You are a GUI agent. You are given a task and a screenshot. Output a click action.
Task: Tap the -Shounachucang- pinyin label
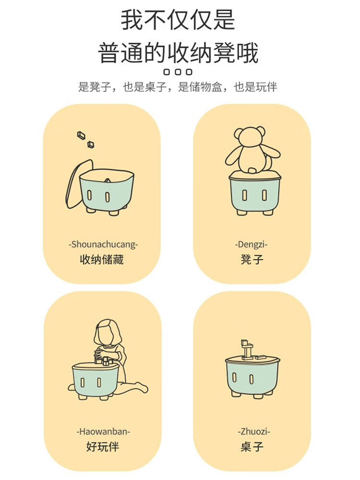pyautogui.click(x=103, y=244)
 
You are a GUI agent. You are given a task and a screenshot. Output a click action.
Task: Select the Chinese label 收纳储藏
pyautogui.click(x=102, y=260)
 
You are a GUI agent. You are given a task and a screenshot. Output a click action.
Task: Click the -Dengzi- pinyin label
pyautogui.click(x=252, y=244)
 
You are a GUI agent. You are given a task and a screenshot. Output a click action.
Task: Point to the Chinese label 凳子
pyautogui.click(x=252, y=260)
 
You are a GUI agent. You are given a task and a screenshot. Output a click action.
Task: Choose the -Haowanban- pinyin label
pyautogui.click(x=103, y=432)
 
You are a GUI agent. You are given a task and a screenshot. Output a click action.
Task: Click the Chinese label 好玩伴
pyautogui.click(x=102, y=446)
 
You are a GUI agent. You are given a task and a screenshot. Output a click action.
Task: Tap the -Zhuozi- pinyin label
pyautogui.click(x=254, y=432)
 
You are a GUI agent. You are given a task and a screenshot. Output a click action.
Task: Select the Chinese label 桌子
pyautogui.click(x=252, y=446)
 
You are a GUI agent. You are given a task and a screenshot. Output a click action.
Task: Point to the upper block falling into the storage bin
pyautogui.click(x=81, y=135)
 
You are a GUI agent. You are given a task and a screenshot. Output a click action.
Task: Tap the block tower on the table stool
pyautogui.click(x=247, y=349)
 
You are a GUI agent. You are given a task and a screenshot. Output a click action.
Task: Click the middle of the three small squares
pyautogui.click(x=178, y=72)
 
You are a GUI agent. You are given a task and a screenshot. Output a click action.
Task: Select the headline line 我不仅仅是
pyautogui.click(x=178, y=20)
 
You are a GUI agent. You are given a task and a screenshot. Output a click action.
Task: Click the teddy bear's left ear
pyautogui.click(x=239, y=133)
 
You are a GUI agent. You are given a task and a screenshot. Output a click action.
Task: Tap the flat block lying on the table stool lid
pyautogui.click(x=261, y=357)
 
